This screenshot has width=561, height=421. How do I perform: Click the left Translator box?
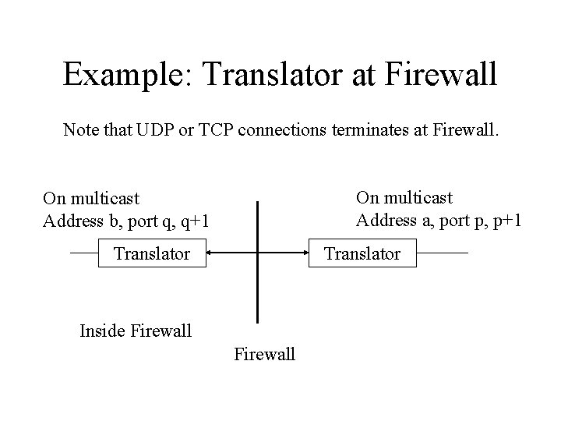(152, 253)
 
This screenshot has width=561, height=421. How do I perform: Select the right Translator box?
(362, 253)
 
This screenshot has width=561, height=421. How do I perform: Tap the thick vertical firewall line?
(258, 296)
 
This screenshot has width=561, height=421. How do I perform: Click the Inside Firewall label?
(136, 331)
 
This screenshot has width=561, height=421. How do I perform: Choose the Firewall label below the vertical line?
(264, 355)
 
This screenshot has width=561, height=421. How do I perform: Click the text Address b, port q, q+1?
(126, 221)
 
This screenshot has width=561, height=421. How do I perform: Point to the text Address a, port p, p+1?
(439, 220)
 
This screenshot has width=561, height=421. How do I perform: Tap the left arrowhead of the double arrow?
(210, 253)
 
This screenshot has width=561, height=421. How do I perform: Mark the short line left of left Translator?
(83, 253)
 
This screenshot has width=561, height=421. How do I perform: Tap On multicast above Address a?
(404, 198)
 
